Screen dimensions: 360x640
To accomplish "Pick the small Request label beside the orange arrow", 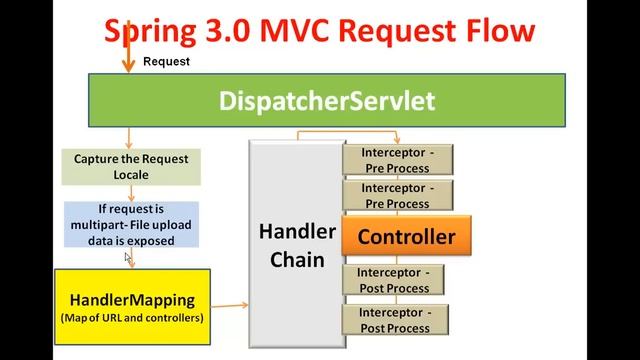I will tap(166, 61).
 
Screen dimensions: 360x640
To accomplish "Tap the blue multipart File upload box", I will tap(131, 225).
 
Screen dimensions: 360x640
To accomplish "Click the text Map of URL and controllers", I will tap(132, 318).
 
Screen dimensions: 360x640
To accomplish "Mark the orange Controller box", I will tap(406, 237).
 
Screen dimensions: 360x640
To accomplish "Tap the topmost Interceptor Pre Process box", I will tap(398, 160).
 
